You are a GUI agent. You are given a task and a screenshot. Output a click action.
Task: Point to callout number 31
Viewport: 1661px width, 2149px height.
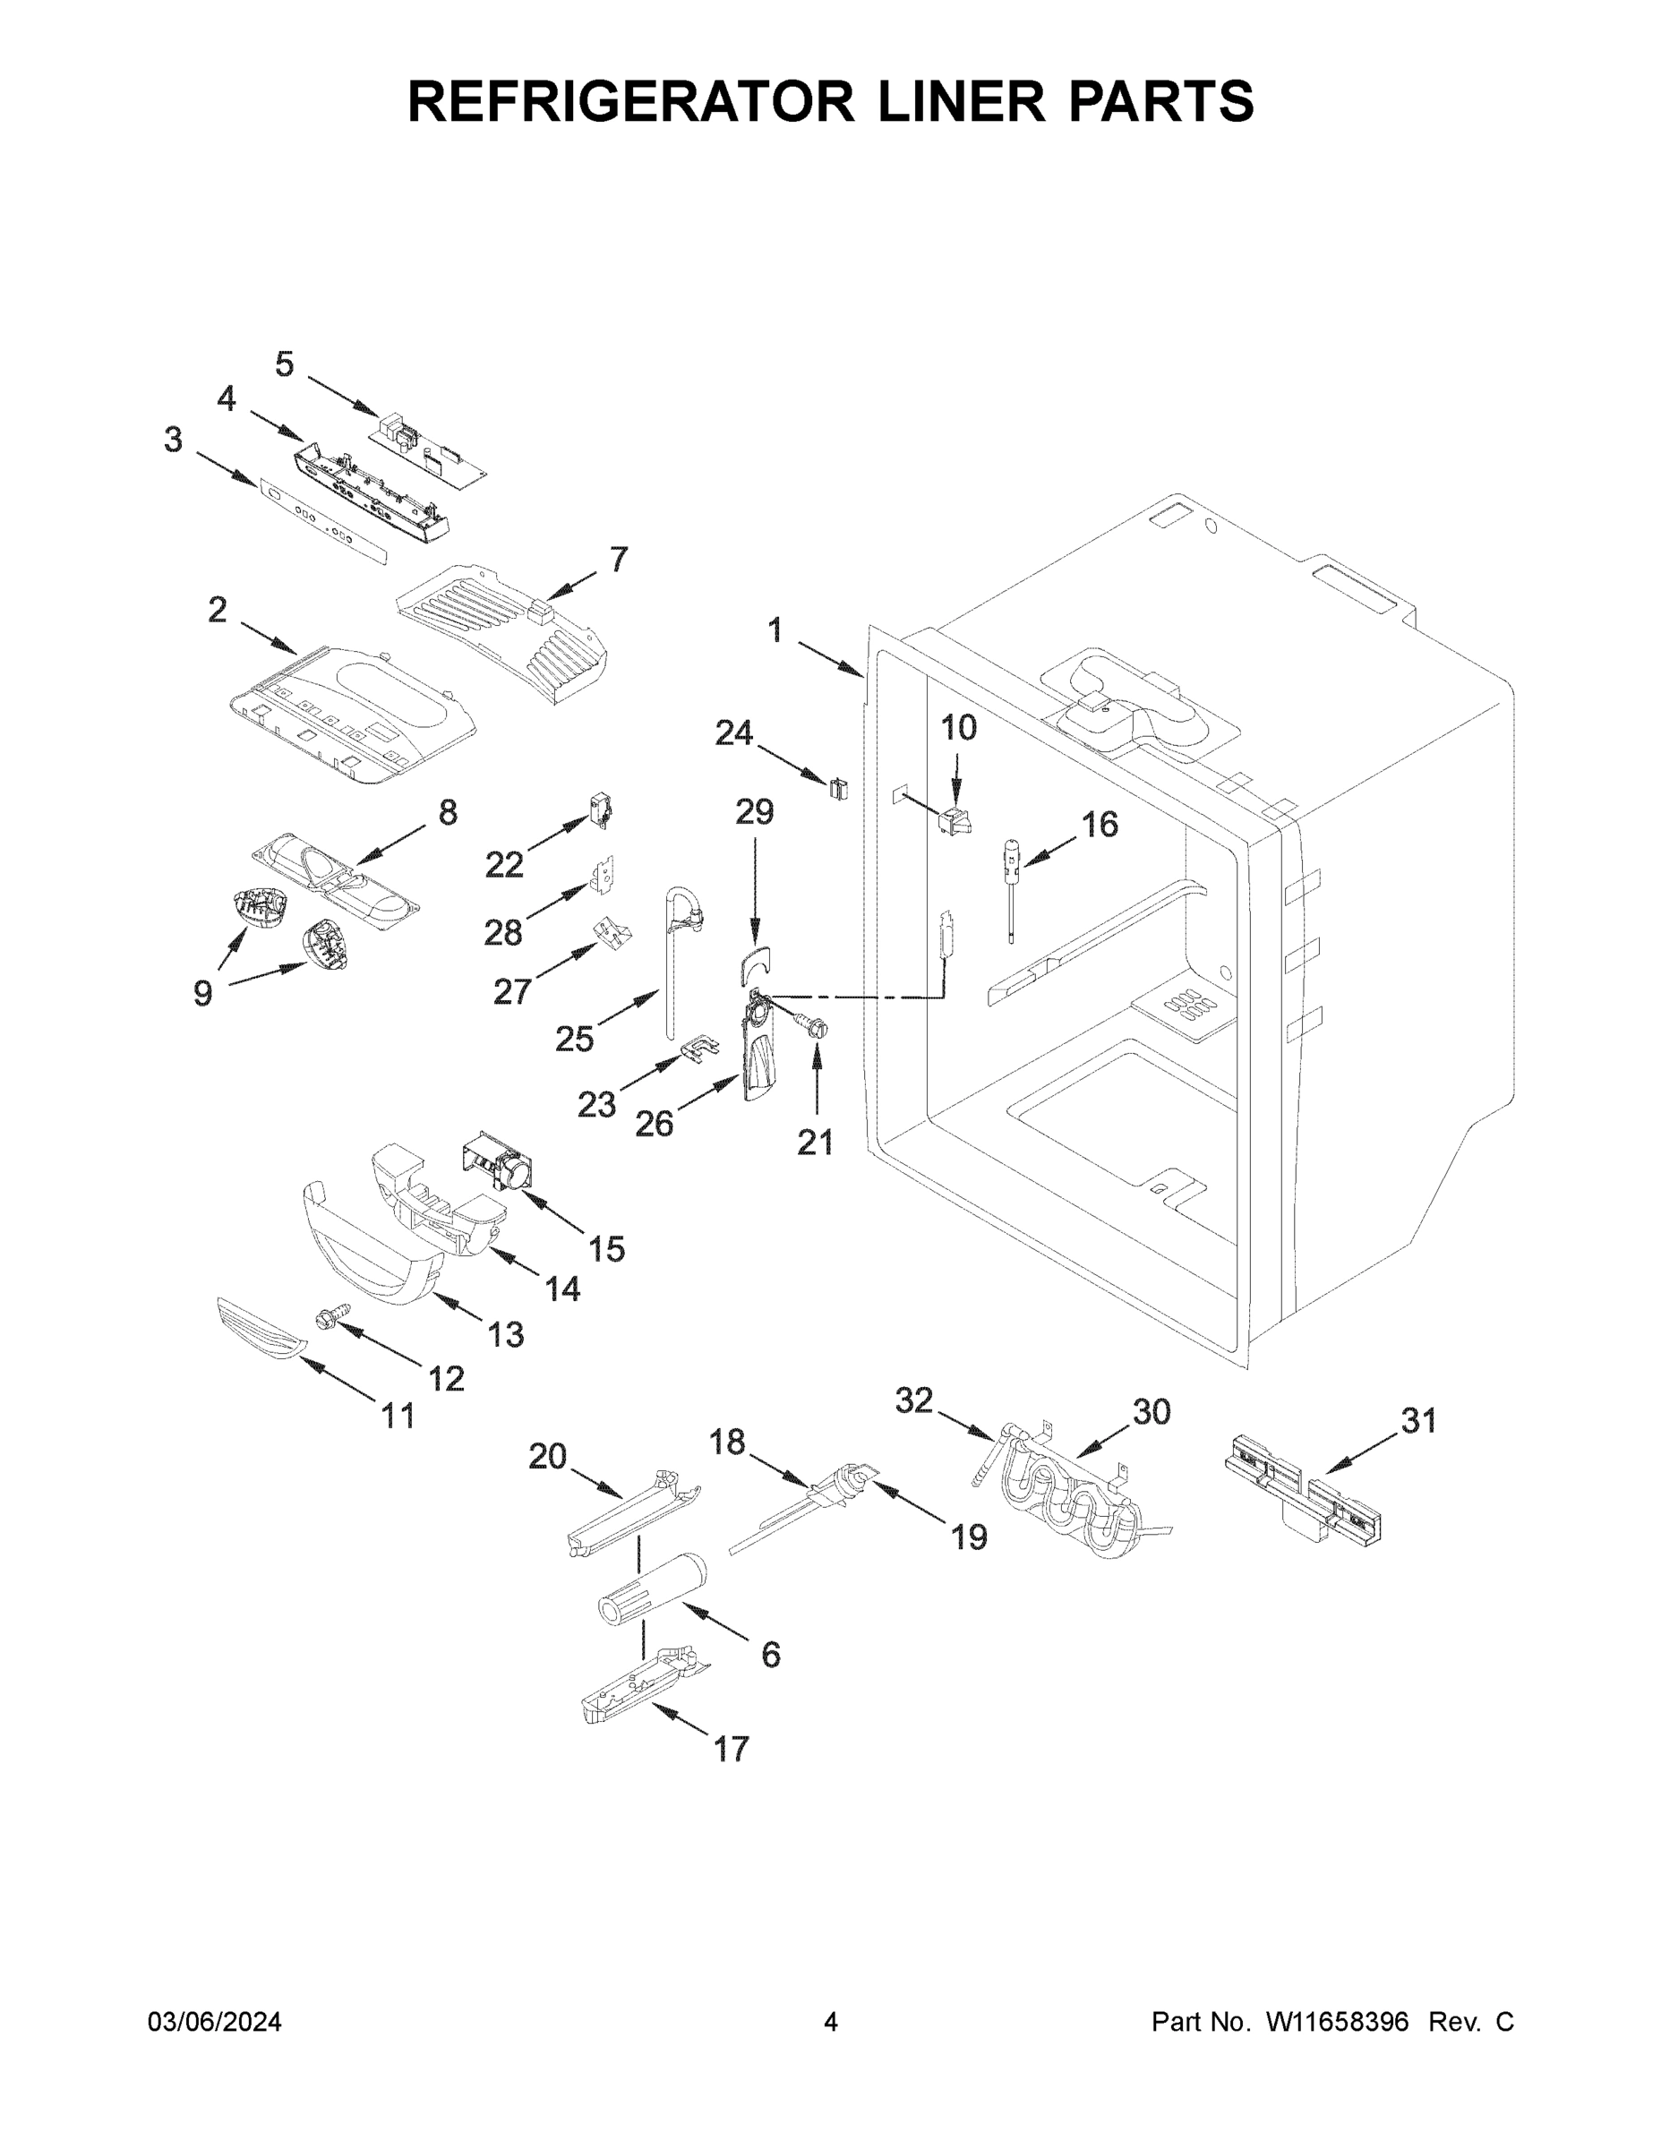click(1418, 1420)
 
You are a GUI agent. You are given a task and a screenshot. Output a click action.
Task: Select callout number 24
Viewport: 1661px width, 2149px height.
click(733, 733)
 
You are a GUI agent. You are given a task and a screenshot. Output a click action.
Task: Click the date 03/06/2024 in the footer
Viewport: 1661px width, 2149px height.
click(215, 2022)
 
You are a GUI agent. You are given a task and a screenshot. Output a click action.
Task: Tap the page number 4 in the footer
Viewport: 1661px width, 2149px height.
click(831, 2022)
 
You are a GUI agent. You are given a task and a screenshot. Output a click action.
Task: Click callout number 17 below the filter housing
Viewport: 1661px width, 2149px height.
click(732, 1750)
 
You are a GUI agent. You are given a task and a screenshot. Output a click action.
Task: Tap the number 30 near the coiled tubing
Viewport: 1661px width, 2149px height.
click(1152, 1412)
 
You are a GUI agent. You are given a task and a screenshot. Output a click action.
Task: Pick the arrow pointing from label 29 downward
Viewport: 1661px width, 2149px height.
click(755, 895)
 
